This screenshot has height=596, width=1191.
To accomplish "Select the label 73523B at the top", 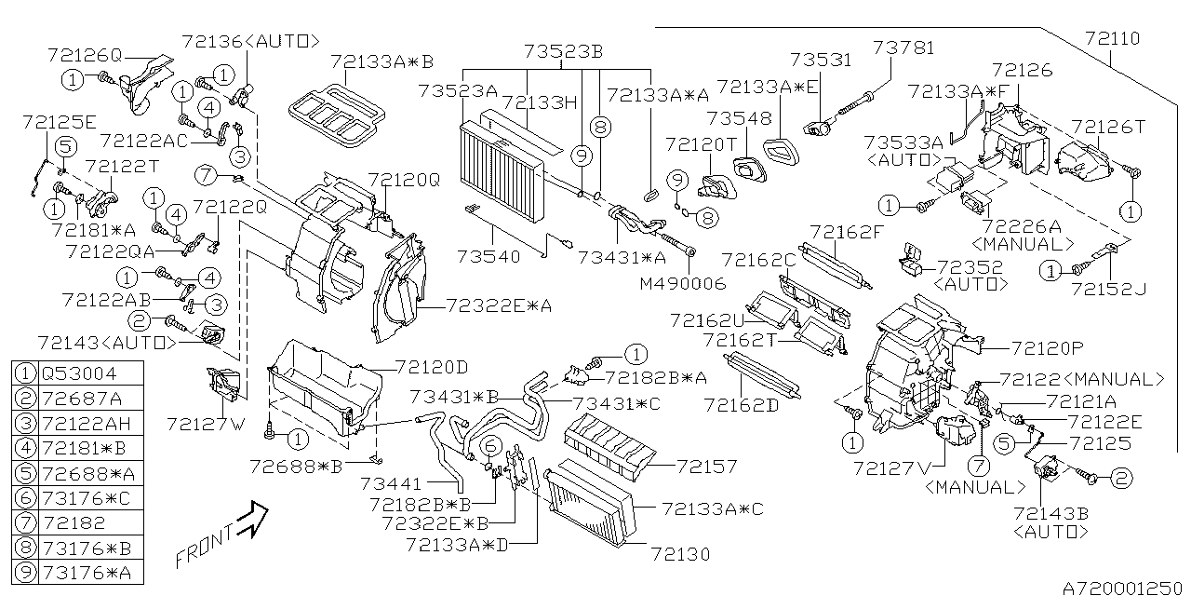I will (563, 51).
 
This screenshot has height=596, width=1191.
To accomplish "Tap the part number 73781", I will (903, 47).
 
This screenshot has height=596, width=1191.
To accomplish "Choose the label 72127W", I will (206, 424).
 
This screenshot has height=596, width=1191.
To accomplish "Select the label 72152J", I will (1107, 290).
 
